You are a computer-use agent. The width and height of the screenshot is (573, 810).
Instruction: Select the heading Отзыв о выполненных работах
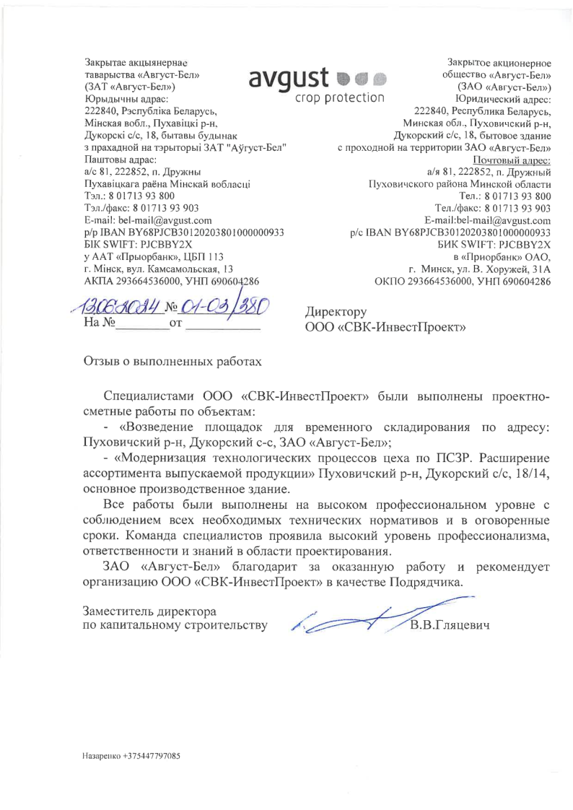click(x=173, y=360)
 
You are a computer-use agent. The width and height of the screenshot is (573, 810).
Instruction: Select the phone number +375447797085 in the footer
click(x=152, y=756)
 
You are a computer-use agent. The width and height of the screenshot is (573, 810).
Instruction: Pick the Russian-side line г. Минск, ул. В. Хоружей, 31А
click(x=480, y=269)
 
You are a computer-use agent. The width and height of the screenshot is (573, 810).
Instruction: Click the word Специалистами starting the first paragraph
click(x=149, y=396)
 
